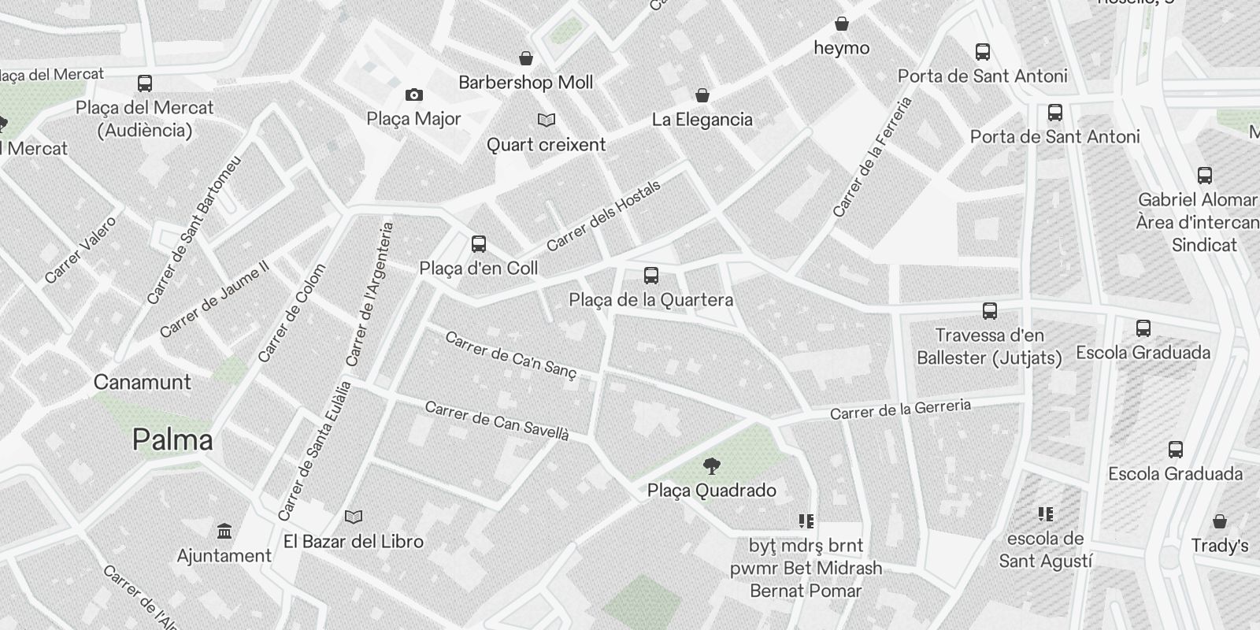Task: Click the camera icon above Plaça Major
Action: [413, 95]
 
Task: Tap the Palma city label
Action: [172, 439]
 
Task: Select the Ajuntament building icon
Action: [224, 531]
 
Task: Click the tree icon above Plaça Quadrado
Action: [711, 466]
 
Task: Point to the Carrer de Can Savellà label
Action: [496, 421]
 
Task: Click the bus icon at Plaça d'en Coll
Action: [478, 244]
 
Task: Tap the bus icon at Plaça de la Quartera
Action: [650, 276]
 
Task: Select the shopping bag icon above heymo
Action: [842, 24]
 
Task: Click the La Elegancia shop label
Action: [702, 120]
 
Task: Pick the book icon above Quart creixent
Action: [547, 120]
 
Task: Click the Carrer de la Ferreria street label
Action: [873, 157]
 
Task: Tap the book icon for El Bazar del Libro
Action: [354, 517]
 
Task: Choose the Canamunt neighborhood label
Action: [143, 382]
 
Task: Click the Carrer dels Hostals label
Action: [603, 216]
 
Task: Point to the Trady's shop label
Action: [1219, 545]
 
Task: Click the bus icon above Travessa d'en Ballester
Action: [990, 311]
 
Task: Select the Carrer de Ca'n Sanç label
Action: [511, 355]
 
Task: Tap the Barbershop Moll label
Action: [526, 82]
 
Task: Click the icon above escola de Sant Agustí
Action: [1046, 515]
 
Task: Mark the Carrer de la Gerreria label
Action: [900, 409]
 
